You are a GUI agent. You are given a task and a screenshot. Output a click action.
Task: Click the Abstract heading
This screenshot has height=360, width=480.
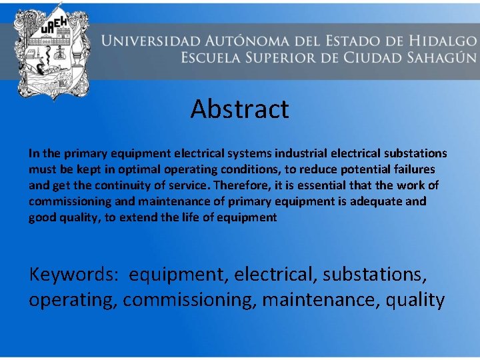tap(239, 109)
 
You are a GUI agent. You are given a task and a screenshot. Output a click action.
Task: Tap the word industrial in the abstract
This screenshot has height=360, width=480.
tap(271, 153)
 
